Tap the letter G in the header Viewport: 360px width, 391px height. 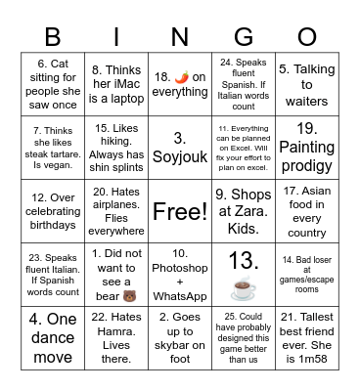[x=245, y=37]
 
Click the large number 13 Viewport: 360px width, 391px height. [x=243, y=261]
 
